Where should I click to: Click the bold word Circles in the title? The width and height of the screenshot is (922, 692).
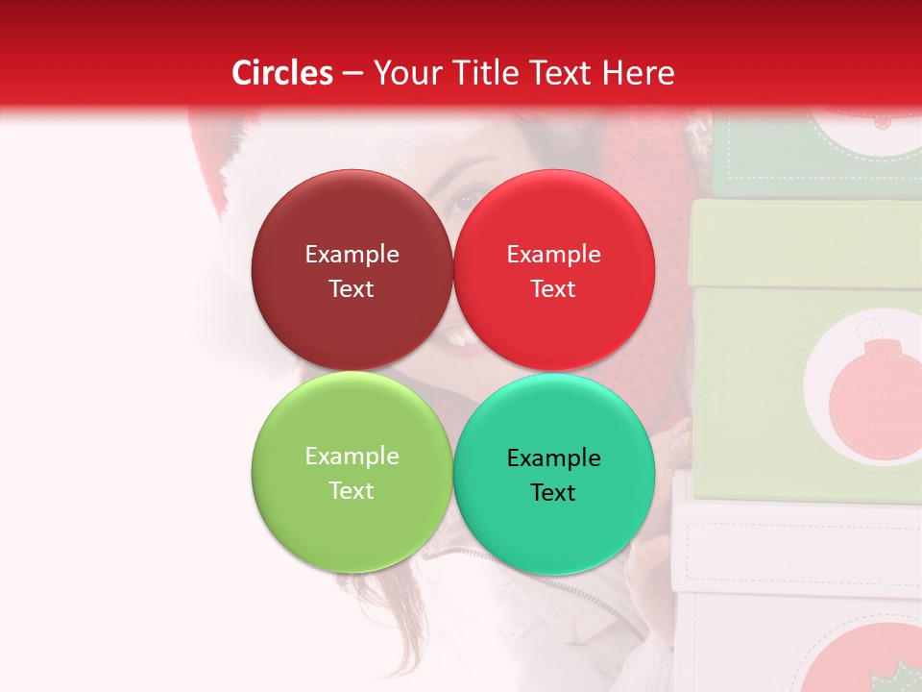282,73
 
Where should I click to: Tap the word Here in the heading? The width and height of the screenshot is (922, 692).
638,73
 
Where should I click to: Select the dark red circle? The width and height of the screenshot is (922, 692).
352,271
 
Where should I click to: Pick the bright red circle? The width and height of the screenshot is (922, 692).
554,271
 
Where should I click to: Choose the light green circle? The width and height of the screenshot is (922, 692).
352,473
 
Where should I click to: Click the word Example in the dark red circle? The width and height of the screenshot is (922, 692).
352,255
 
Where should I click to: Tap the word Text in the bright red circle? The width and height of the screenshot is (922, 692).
553,289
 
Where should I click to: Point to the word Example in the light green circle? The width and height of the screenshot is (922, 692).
352,457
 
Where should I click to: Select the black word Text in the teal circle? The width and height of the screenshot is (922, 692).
553,493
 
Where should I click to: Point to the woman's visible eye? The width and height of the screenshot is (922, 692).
469,199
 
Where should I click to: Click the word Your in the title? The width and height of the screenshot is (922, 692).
403,73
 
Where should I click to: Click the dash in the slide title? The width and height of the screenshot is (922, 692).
352,73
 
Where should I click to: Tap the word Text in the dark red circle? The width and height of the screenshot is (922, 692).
352,289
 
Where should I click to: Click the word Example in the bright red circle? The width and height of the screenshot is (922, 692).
553,255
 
